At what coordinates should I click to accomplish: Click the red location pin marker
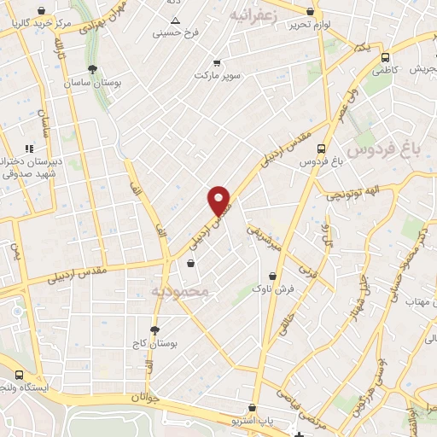pos(219,201)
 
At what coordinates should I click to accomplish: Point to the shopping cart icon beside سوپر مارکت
pos(217,62)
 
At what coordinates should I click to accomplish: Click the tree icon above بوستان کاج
pos(154,329)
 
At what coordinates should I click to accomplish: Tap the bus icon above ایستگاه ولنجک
pos(19,375)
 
